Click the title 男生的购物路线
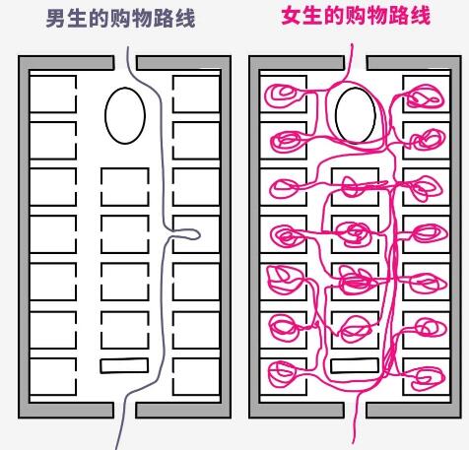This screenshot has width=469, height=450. pos(120,18)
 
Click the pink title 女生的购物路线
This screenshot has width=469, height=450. pos(356,16)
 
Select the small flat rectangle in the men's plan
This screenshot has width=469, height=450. pos(124,365)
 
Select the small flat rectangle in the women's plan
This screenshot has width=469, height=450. pos(355,365)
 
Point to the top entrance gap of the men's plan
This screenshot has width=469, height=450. pos(125,63)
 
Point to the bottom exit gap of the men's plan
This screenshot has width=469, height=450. pos(124,410)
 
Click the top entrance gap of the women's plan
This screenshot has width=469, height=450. pos(356,63)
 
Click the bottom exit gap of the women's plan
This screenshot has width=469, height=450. pos(355,410)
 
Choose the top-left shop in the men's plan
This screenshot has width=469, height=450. pos(53,94)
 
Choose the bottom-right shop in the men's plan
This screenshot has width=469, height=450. pos(196,376)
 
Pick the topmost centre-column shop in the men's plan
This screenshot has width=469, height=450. pos(125,187)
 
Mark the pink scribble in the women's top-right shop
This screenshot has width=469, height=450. pos(425,96)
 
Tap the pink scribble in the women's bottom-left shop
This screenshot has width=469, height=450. pos(283,374)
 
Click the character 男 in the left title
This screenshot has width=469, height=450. pos(56,19)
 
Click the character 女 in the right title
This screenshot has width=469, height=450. pos(292,16)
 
